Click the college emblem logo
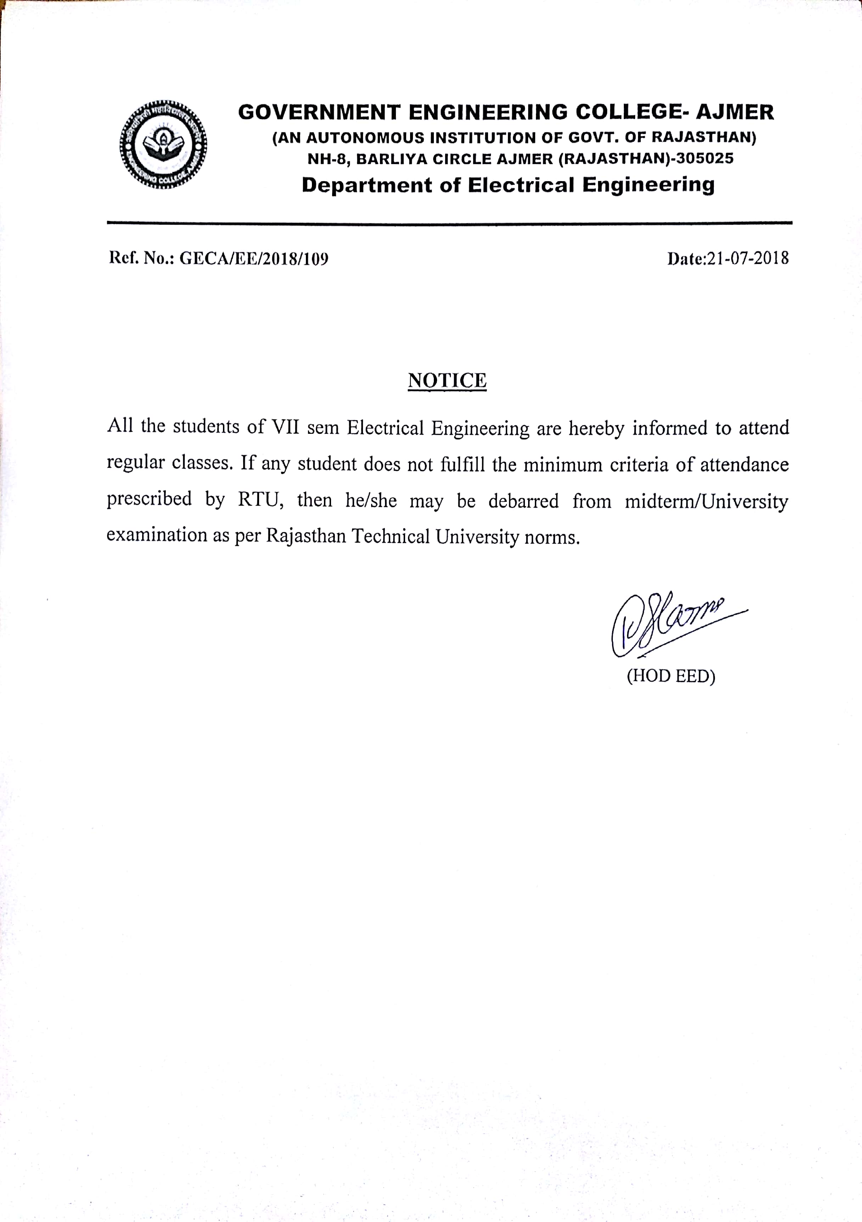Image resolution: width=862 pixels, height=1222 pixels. [x=163, y=144]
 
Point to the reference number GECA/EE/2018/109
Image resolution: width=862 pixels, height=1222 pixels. [x=254, y=259]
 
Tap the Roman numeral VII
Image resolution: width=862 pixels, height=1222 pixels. [x=285, y=427]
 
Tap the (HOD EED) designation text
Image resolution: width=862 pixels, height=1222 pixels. [x=671, y=676]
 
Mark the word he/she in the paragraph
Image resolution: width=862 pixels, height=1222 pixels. [x=371, y=501]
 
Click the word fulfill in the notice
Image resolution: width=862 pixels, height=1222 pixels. [x=463, y=465]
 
